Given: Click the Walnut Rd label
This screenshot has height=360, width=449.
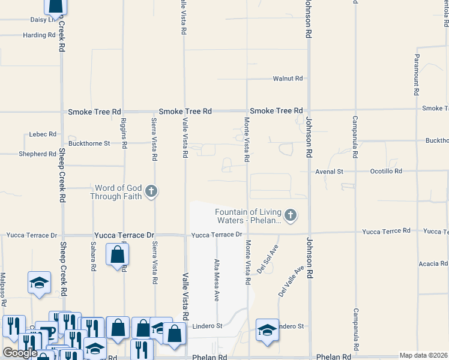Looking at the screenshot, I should tap(288, 79).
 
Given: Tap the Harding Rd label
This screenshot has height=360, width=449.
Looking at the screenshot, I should tap(39, 35).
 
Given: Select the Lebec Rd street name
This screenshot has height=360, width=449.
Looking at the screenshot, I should tap(43, 134).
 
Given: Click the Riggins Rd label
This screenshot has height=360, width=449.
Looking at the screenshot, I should tap(124, 133).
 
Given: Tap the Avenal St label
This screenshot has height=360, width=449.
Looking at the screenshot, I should tap(330, 172).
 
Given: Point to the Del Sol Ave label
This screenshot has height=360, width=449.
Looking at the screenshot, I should tap(268, 259).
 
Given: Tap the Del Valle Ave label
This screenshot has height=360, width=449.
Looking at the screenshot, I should tap(291, 282).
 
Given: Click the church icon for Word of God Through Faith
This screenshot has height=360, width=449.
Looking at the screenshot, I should tap(151, 192).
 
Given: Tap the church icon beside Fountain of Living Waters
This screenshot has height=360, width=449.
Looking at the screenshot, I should tap(291, 215).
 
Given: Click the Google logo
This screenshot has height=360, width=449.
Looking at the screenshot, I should tap(20, 353).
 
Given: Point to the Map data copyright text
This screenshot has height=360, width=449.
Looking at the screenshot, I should tap(423, 355).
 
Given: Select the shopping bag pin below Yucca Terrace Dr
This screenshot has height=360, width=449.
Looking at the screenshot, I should tap(118, 254).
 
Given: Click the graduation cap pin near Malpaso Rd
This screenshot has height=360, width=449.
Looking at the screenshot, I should tap(39, 284).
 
